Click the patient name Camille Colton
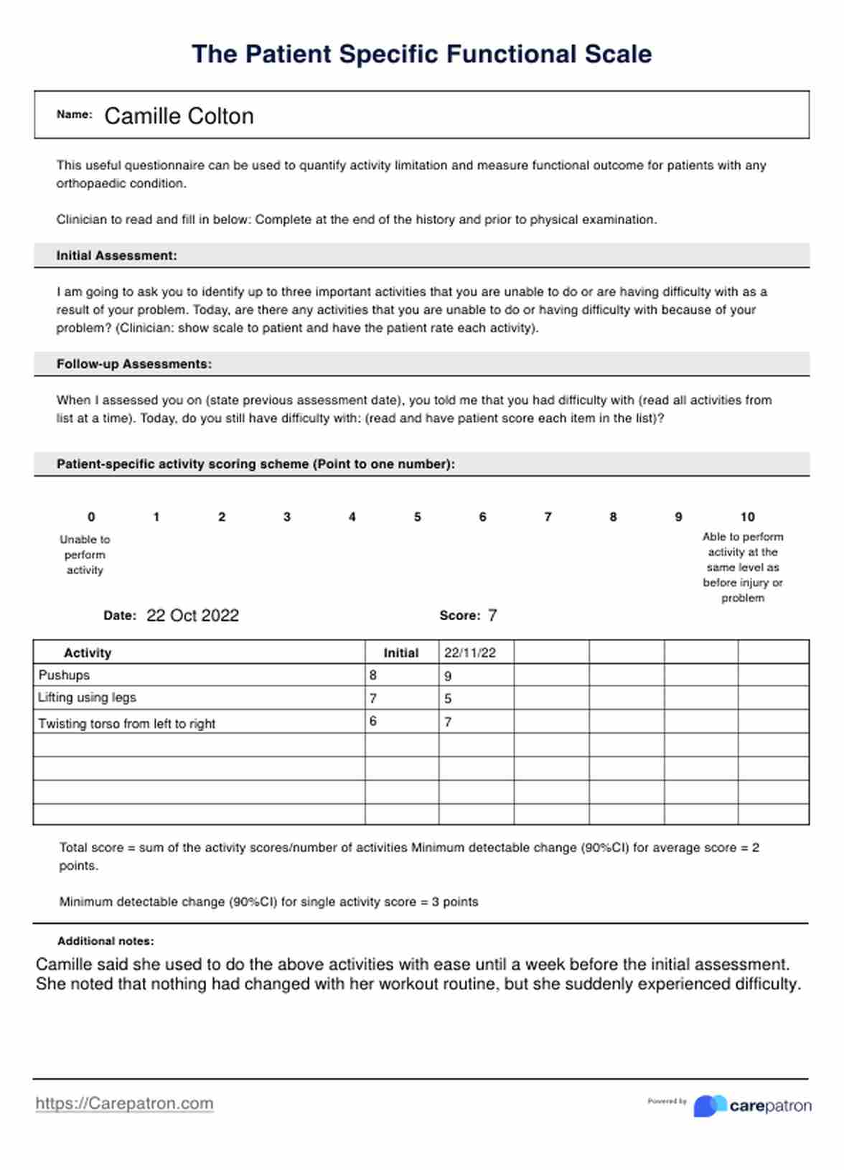tap(179, 116)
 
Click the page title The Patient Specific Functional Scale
tap(421, 55)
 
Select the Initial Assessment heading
tap(116, 256)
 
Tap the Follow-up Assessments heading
tap(133, 364)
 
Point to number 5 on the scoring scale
tap(417, 517)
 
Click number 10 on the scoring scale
tap(747, 517)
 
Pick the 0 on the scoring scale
tap(91, 517)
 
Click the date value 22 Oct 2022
tap(192, 615)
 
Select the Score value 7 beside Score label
tap(492, 615)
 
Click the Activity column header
tap(88, 652)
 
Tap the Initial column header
tap(400, 652)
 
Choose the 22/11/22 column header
tap(469, 652)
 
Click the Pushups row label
tap(64, 675)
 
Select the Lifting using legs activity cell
tap(87, 697)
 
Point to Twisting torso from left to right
tap(126, 724)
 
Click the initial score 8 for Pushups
tap(373, 675)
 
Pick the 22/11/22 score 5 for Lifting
tap(448, 698)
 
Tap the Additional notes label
tap(105, 941)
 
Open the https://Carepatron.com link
tap(124, 1103)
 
